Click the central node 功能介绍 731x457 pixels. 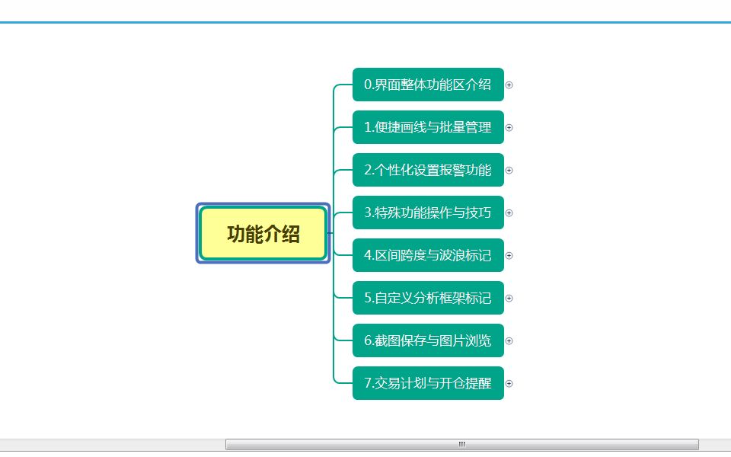(263, 234)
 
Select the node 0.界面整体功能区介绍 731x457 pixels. (428, 85)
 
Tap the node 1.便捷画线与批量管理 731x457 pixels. (428, 127)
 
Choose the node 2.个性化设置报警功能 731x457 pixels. (428, 170)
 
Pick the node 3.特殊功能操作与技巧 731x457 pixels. (428, 213)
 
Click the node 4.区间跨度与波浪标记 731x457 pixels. (428, 255)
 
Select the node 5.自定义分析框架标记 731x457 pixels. (428, 298)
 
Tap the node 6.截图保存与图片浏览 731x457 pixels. (428, 340)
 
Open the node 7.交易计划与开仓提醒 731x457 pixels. (428, 383)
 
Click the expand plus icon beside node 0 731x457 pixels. (509, 85)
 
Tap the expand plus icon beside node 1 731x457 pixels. (509, 128)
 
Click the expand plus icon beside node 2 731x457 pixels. (509, 171)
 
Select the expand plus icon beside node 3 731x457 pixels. (509, 213)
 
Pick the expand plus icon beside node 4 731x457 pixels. (509, 256)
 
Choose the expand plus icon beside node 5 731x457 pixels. (509, 299)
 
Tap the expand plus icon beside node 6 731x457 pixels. (509, 341)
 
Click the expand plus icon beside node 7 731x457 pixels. (509, 384)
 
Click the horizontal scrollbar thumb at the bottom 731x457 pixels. (461, 444)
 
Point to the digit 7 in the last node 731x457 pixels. (368, 383)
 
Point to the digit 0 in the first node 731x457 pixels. (368, 85)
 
